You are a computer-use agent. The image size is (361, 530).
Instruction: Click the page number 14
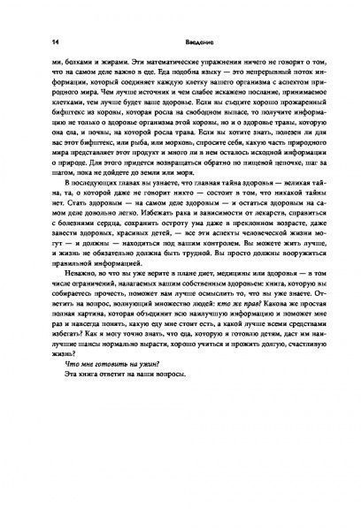pyautogui.click(x=56, y=40)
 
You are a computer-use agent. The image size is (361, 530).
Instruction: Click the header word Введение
pyautogui.click(x=184, y=40)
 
